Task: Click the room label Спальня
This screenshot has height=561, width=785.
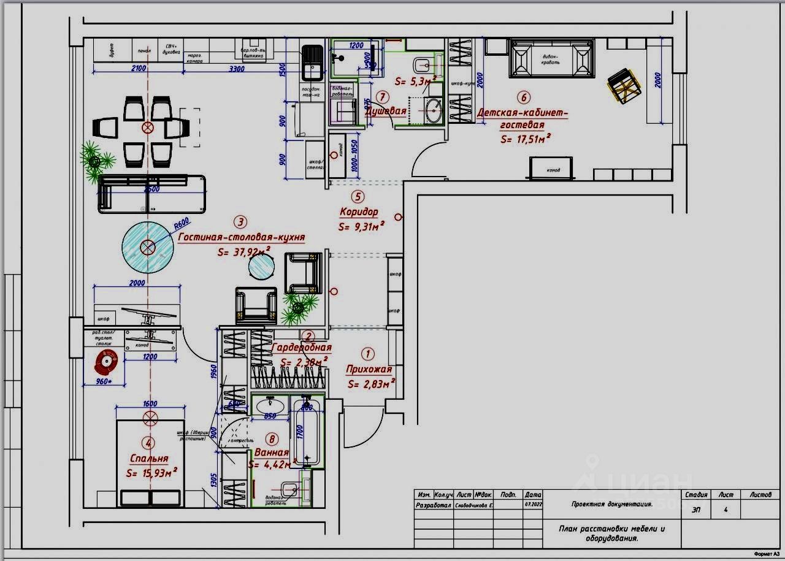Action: point(148,459)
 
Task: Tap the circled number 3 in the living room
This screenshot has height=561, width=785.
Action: point(242,222)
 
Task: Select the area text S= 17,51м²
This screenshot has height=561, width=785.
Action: point(525,139)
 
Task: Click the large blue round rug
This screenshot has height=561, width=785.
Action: point(147,247)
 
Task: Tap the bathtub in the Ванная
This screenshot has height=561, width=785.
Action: point(307,432)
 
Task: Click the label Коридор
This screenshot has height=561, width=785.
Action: point(359,212)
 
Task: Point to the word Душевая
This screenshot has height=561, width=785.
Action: point(386,111)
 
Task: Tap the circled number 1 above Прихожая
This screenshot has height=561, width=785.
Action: point(367,354)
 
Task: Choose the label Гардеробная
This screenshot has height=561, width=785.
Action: point(301,348)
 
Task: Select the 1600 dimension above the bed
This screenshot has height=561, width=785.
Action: point(150,404)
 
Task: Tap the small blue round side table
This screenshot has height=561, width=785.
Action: point(261,266)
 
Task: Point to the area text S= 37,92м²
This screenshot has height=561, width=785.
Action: point(245,251)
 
